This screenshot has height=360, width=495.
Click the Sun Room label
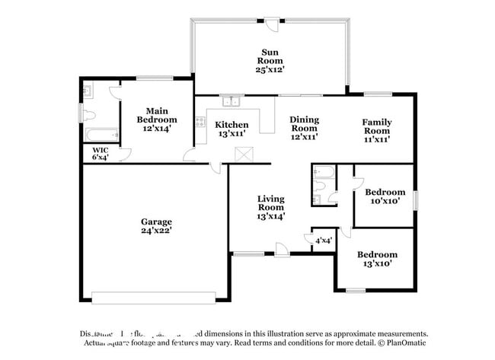(x=270, y=60)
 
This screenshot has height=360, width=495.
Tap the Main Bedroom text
(x=157, y=119)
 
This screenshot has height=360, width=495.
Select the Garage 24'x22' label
(x=155, y=226)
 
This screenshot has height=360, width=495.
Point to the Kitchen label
(x=231, y=129)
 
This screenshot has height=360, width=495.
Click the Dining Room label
(x=304, y=129)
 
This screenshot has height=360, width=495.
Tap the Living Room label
(x=270, y=207)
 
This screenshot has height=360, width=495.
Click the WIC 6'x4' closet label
(x=101, y=154)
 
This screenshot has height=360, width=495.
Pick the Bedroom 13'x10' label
(x=377, y=259)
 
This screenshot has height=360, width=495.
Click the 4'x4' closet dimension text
(x=323, y=241)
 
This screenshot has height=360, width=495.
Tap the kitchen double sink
(x=230, y=101)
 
